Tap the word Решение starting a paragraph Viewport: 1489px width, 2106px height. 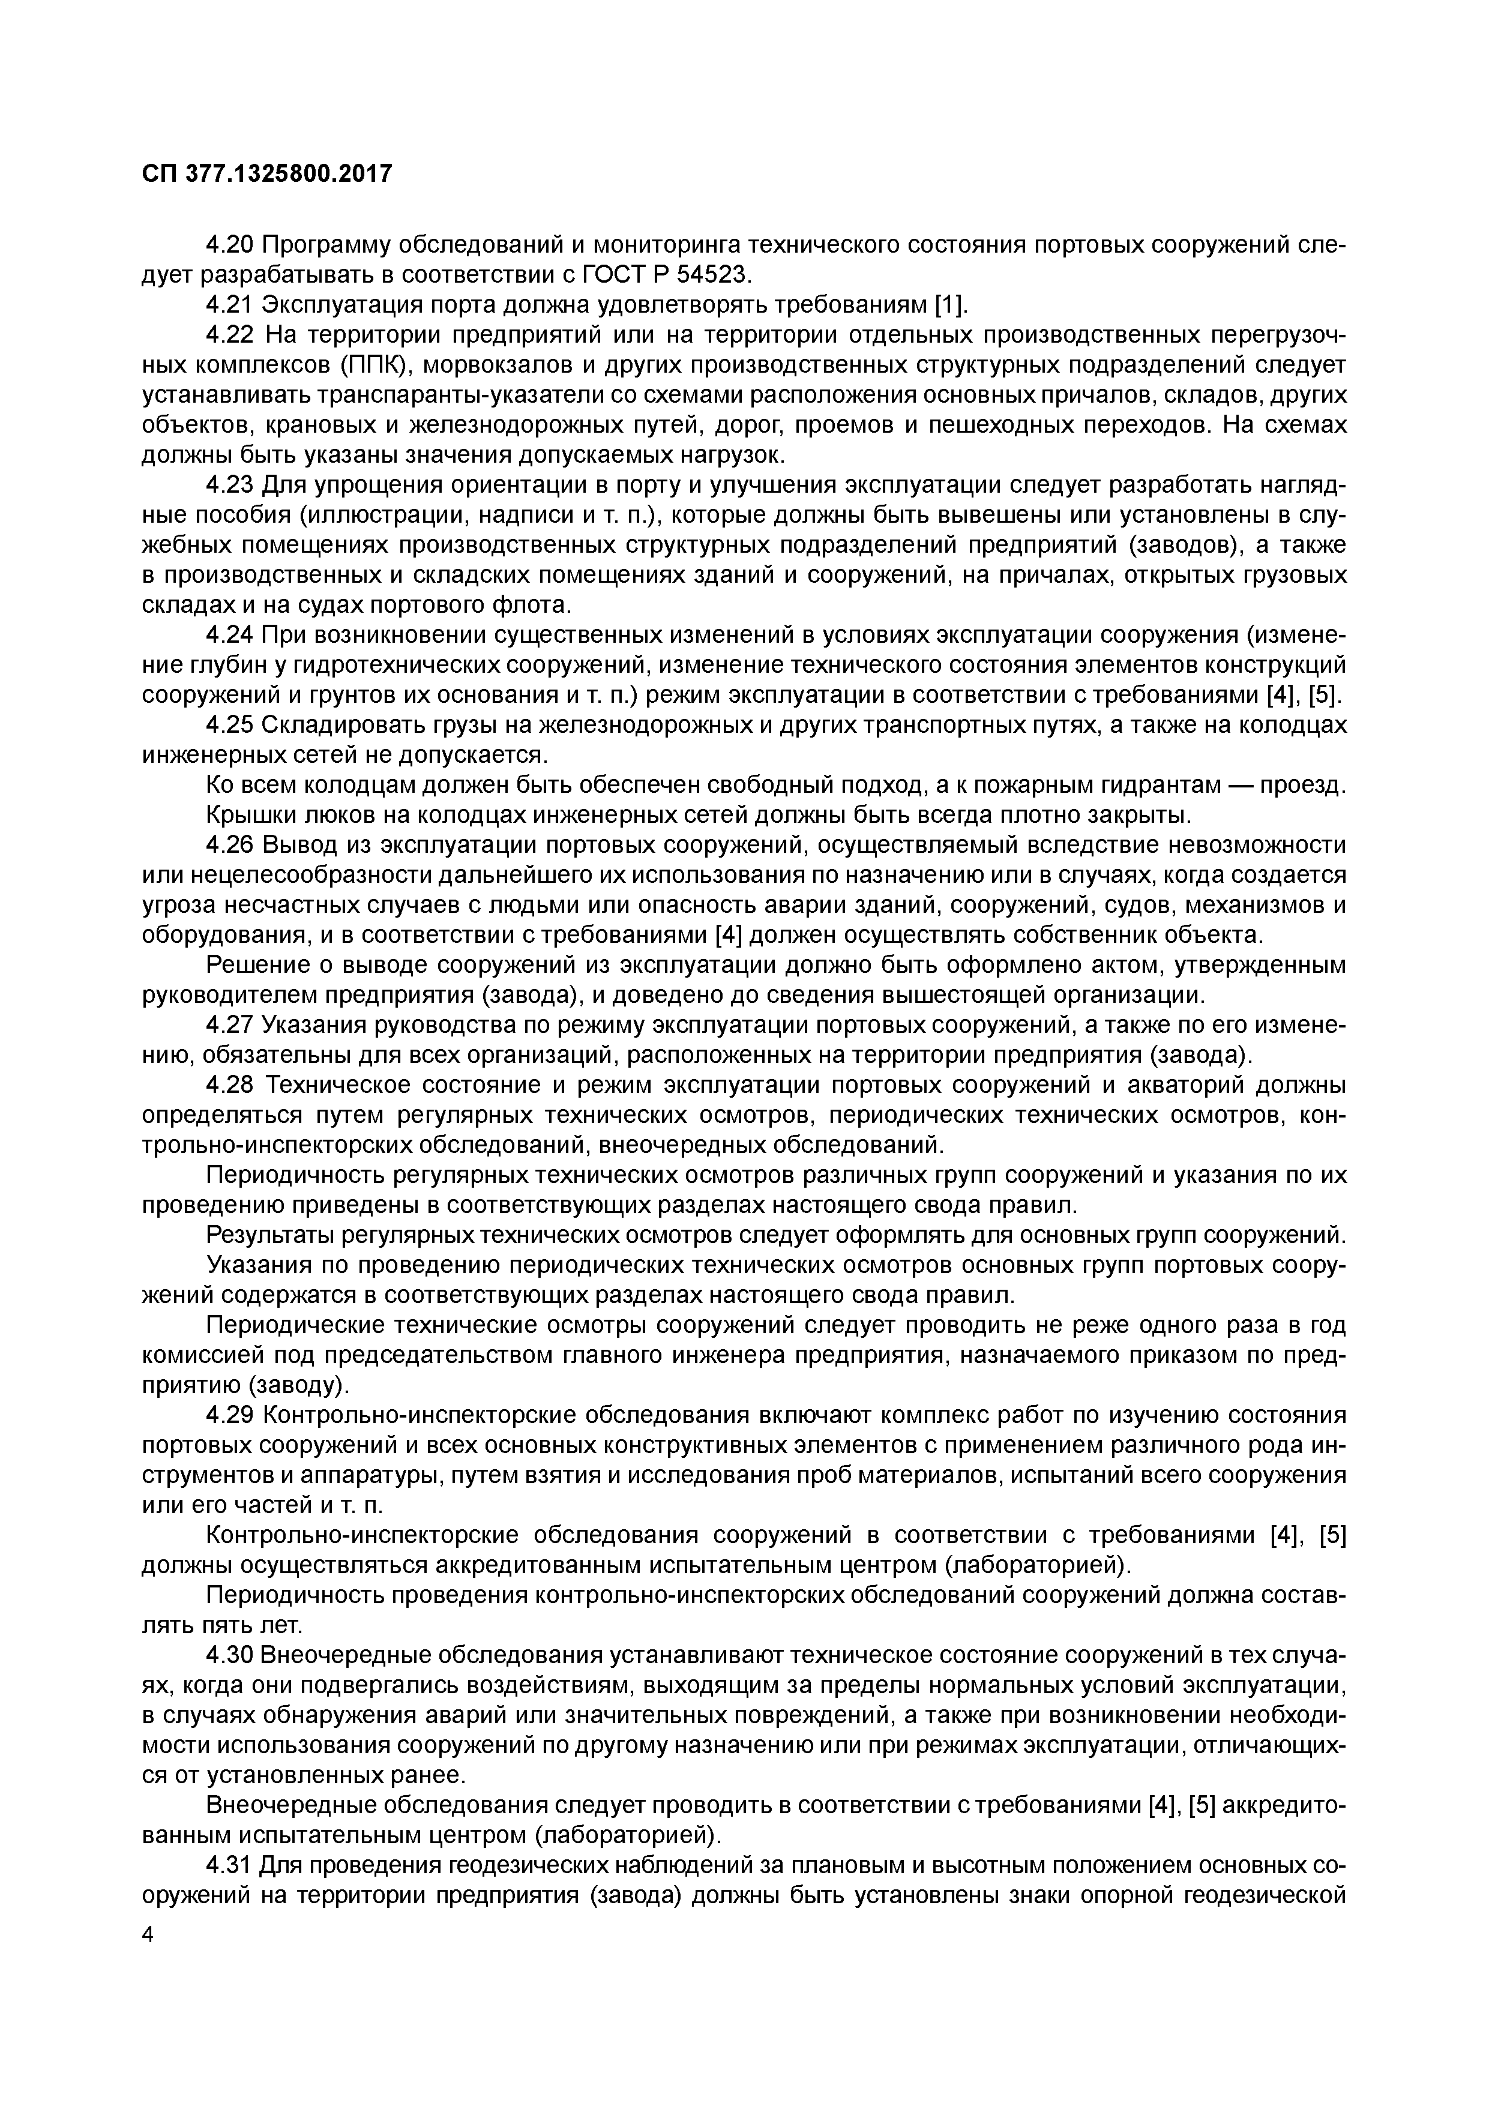tap(258, 965)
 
